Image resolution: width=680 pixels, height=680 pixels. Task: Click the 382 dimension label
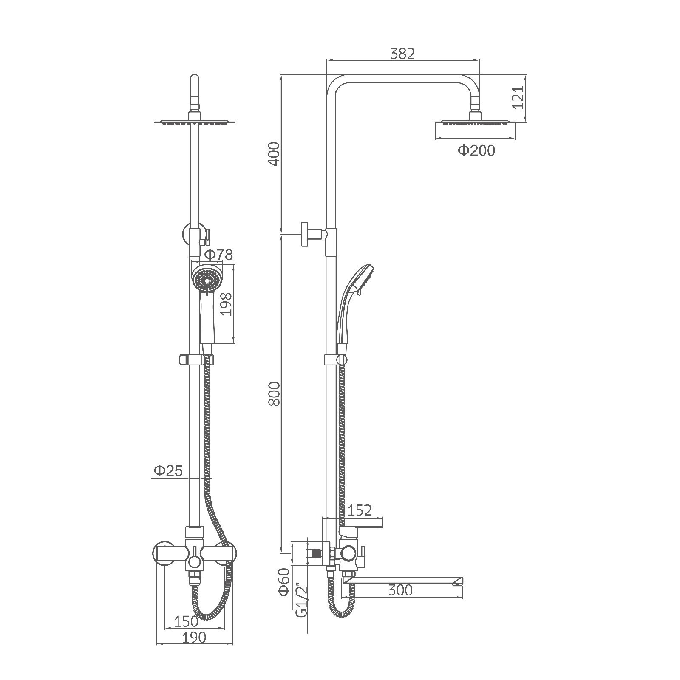pos(402,53)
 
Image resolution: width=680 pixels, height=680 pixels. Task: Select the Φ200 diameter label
pos(476,150)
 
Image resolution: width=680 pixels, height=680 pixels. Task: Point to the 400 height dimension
pos(275,154)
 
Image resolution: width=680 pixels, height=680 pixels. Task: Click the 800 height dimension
pos(275,394)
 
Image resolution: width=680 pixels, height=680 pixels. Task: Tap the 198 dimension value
pos(227,303)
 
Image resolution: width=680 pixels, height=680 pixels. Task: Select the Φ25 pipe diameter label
pos(168,470)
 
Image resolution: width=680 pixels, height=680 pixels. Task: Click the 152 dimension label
pos(360,510)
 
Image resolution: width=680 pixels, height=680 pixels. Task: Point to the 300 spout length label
pos(400,590)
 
